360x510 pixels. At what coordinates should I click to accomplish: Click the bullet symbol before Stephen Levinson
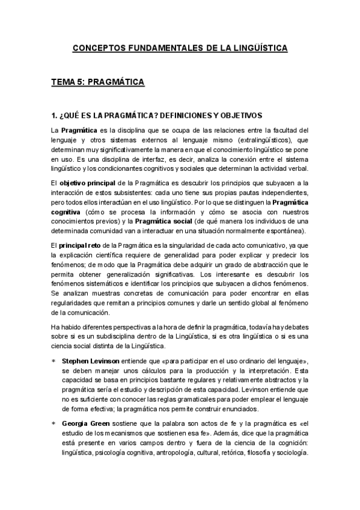[x=53, y=360]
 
